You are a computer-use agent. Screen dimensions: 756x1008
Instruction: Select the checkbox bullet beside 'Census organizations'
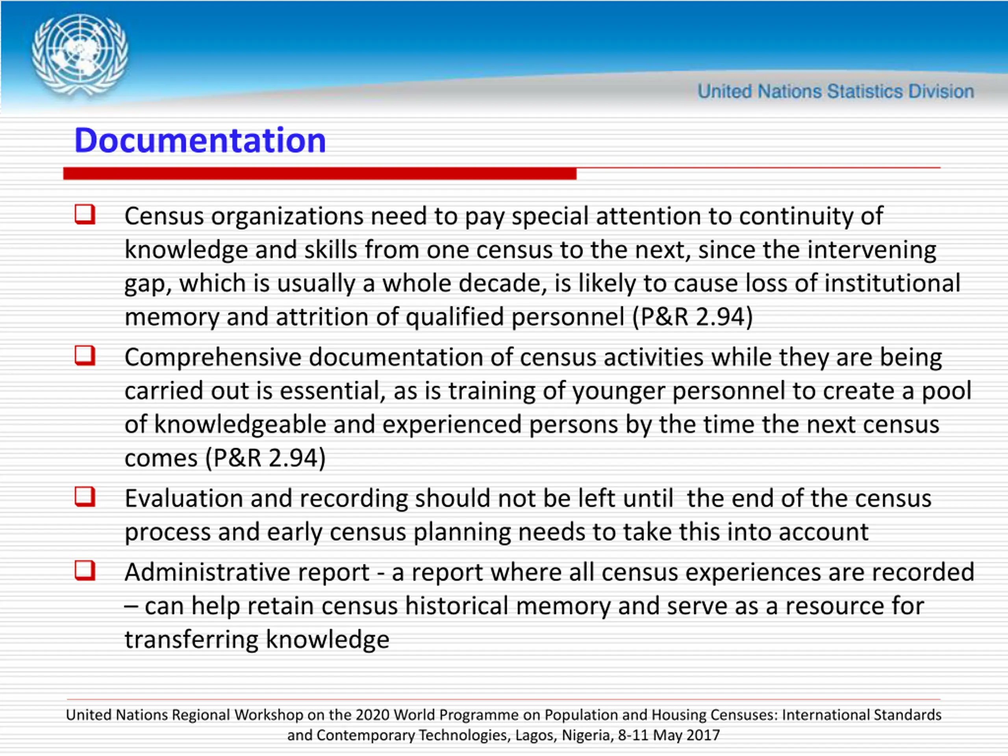click(x=85, y=214)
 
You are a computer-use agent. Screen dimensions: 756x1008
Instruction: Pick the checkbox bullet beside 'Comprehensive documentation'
click(x=85, y=356)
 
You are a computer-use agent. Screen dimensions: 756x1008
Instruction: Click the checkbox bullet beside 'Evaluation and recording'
click(x=85, y=497)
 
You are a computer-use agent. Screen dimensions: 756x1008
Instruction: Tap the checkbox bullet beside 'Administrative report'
click(x=85, y=571)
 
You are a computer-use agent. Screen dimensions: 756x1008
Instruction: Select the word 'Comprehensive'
click(x=213, y=357)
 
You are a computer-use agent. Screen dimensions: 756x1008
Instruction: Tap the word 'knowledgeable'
click(x=240, y=425)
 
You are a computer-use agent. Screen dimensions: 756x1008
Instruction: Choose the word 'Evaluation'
click(x=183, y=498)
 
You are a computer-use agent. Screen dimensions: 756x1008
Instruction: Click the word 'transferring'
click(x=191, y=640)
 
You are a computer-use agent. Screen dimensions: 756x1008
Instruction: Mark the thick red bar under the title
click(x=319, y=174)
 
